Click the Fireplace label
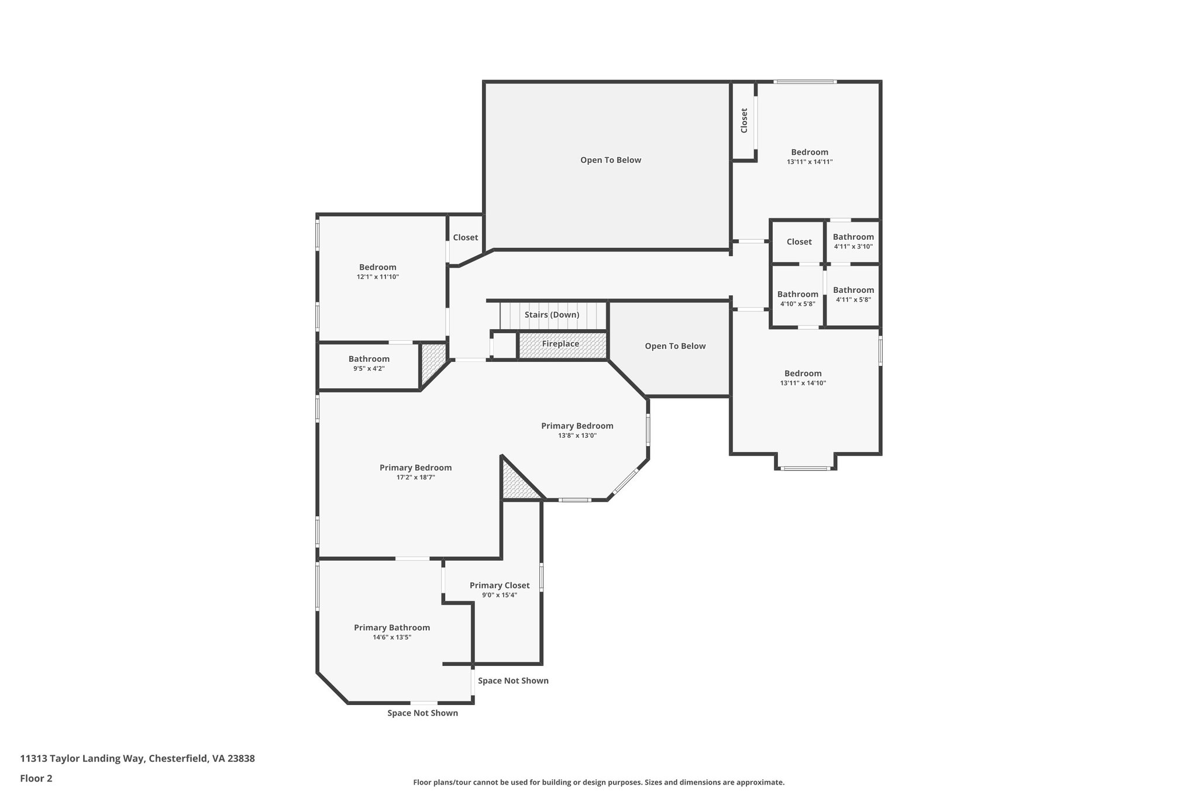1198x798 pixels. [x=560, y=344]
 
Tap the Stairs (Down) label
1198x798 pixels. [x=552, y=315]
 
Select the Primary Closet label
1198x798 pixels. [x=500, y=585]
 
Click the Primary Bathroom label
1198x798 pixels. [x=392, y=628]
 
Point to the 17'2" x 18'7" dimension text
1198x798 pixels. [x=415, y=478]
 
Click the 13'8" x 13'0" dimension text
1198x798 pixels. [x=577, y=436]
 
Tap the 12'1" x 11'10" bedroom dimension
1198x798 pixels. [x=378, y=277]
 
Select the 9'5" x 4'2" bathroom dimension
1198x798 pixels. [x=369, y=369]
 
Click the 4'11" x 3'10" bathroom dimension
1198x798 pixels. [x=853, y=247]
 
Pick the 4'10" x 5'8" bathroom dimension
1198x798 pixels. [x=798, y=304]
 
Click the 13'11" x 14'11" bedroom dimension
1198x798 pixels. [x=810, y=162]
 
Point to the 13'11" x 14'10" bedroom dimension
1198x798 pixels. [x=803, y=383]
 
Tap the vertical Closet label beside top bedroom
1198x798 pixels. [x=744, y=120]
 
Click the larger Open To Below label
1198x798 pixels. [x=611, y=160]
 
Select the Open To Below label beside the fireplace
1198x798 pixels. [x=675, y=346]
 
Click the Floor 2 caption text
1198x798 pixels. [x=36, y=778]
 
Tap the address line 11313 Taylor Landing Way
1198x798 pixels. [x=137, y=758]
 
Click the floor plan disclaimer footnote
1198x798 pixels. [x=599, y=782]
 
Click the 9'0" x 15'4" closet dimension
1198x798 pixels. [x=500, y=595]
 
